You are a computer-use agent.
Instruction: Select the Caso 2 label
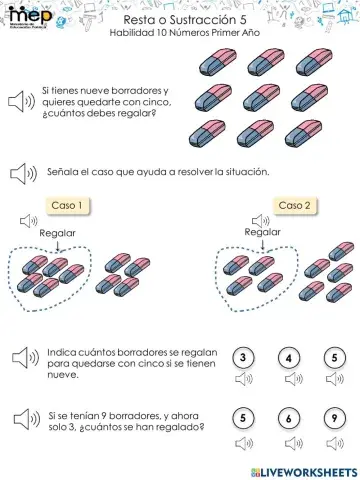(294, 206)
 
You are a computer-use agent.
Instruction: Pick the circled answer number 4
(288, 358)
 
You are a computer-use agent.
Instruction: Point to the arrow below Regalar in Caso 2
(263, 245)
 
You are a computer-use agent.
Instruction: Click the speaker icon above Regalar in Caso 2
(263, 220)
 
